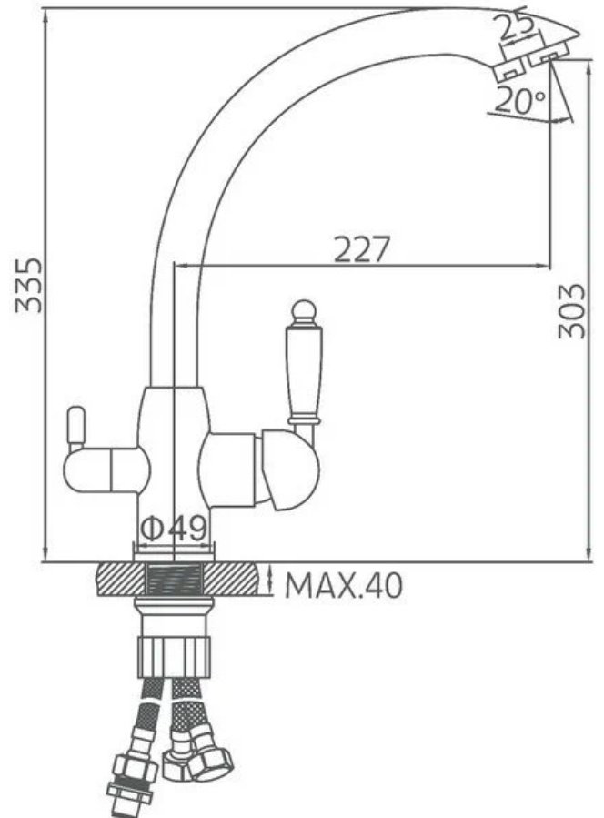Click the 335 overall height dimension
pyautogui.click(x=28, y=285)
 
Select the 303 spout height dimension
pyautogui.click(x=571, y=311)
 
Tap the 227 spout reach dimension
pyautogui.click(x=361, y=249)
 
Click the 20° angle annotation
pyautogui.click(x=519, y=100)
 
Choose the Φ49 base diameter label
pyautogui.click(x=175, y=529)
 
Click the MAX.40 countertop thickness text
pyautogui.click(x=344, y=585)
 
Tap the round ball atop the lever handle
pyautogui.click(x=304, y=310)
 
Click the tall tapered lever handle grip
pyautogui.click(x=304, y=374)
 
